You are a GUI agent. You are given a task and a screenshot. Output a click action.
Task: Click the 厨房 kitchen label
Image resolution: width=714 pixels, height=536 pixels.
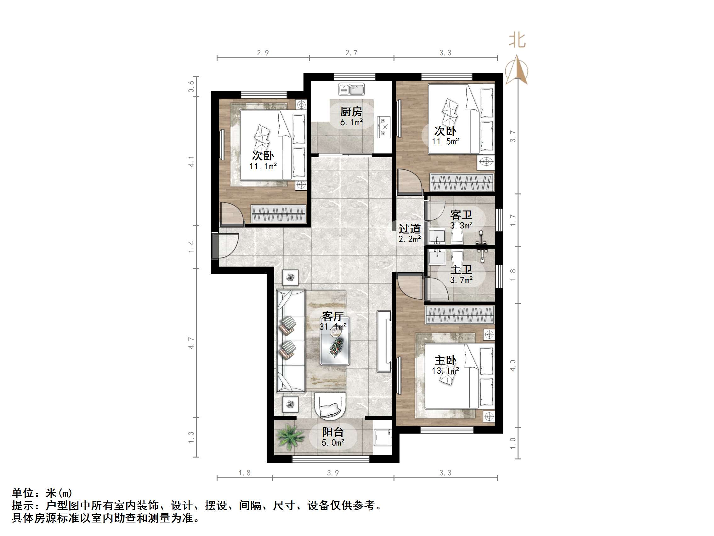coord(351,112)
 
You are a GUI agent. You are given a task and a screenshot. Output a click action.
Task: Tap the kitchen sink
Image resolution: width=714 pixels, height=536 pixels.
coord(352,89)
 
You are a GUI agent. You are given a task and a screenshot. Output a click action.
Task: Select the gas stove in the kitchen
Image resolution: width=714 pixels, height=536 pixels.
coord(383,127)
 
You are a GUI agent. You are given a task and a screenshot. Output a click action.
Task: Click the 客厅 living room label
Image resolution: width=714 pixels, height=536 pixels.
coord(333,316)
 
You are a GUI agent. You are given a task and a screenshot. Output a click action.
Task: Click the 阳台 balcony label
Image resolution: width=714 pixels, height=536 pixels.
coord(333,432)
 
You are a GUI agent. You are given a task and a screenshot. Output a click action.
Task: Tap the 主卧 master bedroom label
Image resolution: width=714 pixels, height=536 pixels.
coord(445,360)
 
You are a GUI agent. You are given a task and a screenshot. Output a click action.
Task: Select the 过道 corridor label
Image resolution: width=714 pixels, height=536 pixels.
coord(410,229)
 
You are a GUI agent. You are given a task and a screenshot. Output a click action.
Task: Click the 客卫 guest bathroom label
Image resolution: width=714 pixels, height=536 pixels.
coord(461,215)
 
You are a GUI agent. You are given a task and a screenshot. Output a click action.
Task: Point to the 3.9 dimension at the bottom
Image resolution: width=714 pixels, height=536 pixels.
coord(333,473)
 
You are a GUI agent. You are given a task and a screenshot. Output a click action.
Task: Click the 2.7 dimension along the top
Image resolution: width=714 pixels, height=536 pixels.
coord(351,53)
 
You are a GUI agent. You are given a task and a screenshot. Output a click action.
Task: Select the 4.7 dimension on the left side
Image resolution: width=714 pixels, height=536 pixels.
coord(191,343)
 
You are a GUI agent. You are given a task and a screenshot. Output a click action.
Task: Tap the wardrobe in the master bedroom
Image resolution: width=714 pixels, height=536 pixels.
coord(460,315)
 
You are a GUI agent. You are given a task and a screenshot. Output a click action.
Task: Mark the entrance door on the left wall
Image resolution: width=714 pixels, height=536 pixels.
coord(216,245)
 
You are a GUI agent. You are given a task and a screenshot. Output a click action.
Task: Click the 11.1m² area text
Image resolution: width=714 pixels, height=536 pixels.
coord(263,166)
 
